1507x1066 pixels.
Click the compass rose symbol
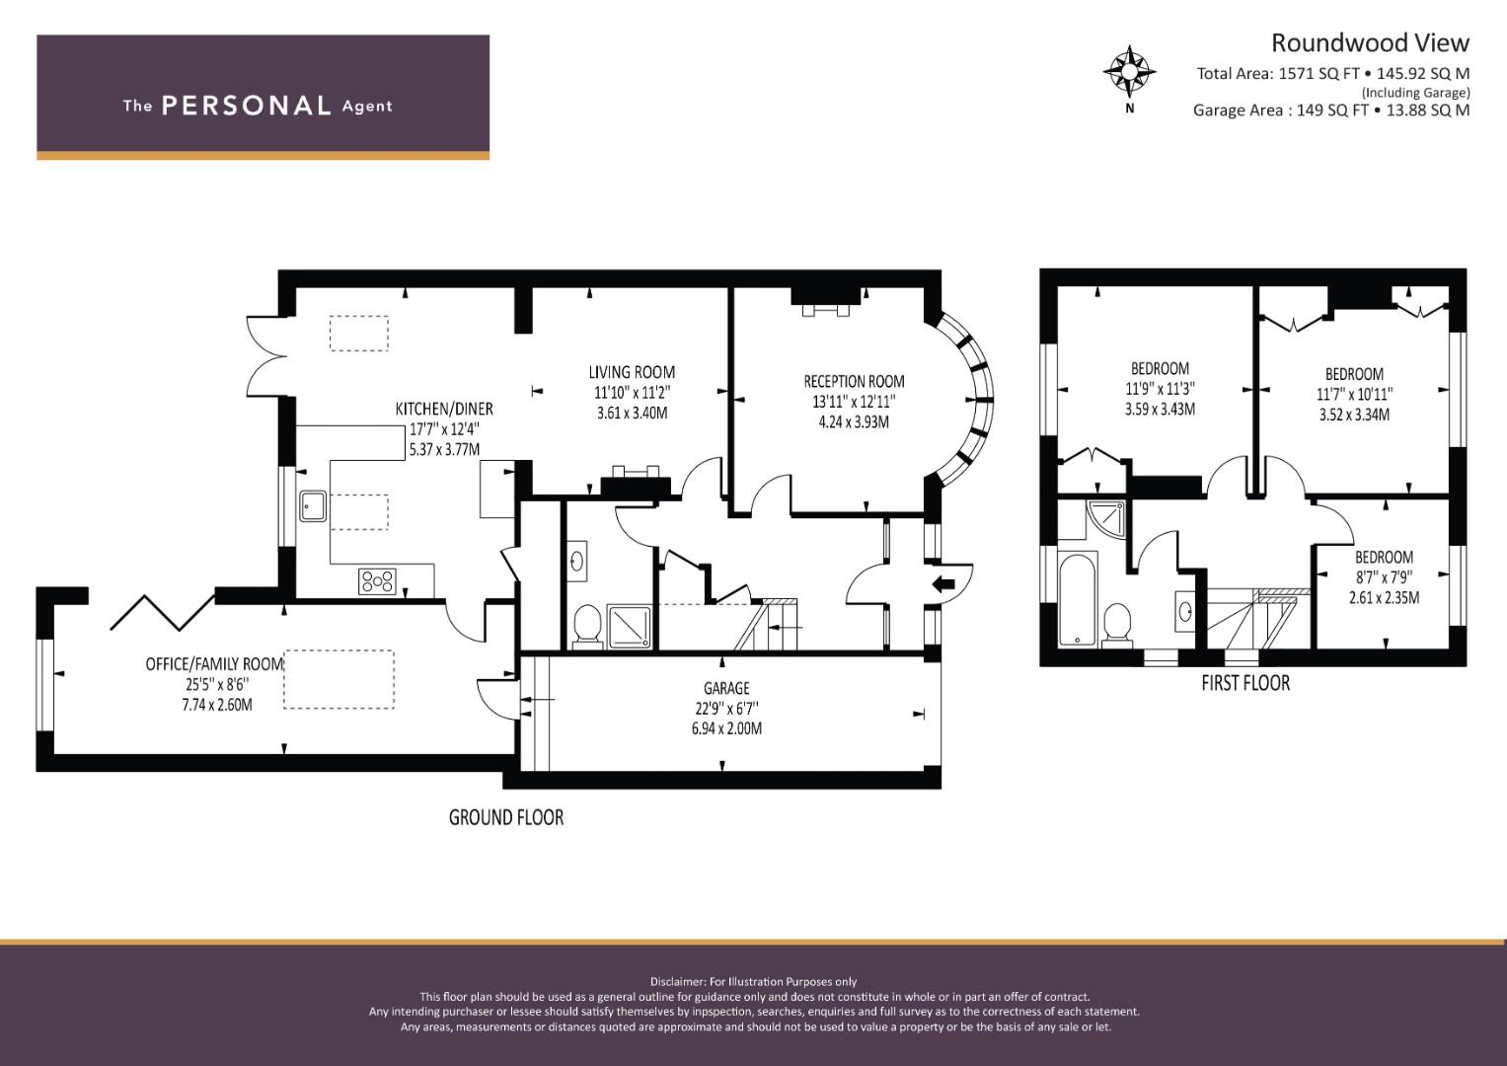pyautogui.click(x=1130, y=71)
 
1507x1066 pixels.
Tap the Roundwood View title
pyautogui.click(x=1370, y=43)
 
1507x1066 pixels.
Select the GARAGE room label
pyautogui.click(x=726, y=688)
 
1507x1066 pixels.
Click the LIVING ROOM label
pyautogui.click(x=632, y=371)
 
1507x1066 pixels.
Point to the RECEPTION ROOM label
pyautogui.click(x=854, y=381)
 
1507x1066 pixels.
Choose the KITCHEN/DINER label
pyautogui.click(x=444, y=409)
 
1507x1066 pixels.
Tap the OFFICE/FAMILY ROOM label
pyautogui.click(x=214, y=664)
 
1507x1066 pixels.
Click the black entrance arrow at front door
pyautogui.click(x=943, y=584)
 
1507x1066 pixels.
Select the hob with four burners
pyautogui.click(x=377, y=581)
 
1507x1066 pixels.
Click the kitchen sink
pyautogui.click(x=313, y=506)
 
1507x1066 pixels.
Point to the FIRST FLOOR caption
pyautogui.click(x=1245, y=684)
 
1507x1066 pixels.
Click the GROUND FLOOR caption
pyautogui.click(x=506, y=817)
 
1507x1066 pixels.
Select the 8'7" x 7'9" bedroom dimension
pyautogui.click(x=1384, y=577)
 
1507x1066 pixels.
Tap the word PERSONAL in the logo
pyautogui.click(x=247, y=106)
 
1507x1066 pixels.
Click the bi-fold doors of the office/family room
pyautogui.click(x=164, y=612)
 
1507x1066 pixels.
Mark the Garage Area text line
pyautogui.click(x=1331, y=111)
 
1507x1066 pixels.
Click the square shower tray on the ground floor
pyautogui.click(x=630, y=627)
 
